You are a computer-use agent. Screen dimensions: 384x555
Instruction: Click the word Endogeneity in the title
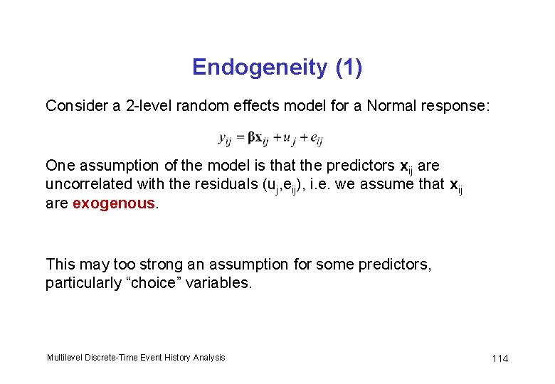coord(258,68)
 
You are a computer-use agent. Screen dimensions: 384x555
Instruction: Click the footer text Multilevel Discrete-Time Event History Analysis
coord(135,357)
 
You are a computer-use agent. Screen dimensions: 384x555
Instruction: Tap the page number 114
coord(499,358)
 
